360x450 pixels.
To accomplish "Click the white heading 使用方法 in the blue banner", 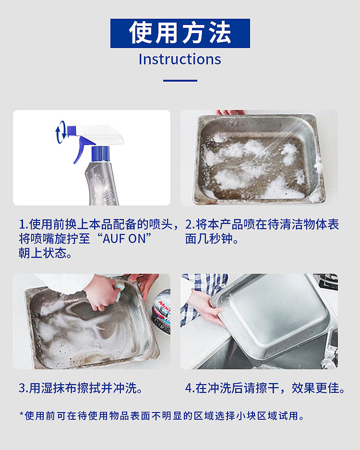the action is tap(180, 33).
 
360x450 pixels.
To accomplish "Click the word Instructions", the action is tap(180, 59).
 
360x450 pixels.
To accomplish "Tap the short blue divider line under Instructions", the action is tap(180, 81).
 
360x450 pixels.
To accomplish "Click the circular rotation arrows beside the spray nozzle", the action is tap(61, 132).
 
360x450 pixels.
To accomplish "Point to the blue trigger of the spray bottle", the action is tap(83, 148).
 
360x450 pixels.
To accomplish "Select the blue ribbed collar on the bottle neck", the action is tap(101, 153).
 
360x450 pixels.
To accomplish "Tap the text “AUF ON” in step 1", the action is tap(127, 239).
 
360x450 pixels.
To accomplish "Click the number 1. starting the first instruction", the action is tap(24, 224).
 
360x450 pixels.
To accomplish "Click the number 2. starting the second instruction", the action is tap(190, 224).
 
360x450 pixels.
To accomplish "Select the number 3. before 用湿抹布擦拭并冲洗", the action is tap(24, 389).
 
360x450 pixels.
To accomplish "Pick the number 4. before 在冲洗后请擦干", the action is tap(190, 389).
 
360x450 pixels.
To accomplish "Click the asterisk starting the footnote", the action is tap(21, 414).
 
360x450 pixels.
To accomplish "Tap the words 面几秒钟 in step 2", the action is tap(208, 239).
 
